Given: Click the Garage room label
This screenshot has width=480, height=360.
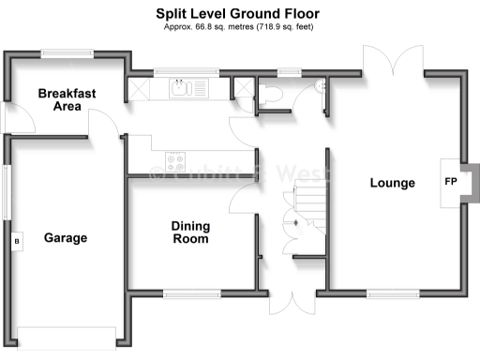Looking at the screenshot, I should pyautogui.click(x=65, y=238).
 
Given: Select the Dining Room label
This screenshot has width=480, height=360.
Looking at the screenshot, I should pyautogui.click(x=190, y=232).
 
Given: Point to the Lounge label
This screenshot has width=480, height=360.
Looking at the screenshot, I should pyautogui.click(x=392, y=183).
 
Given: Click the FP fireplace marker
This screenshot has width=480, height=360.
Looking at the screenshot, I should pyautogui.click(x=450, y=182).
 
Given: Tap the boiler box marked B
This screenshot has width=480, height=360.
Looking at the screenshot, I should pyautogui.click(x=14, y=240).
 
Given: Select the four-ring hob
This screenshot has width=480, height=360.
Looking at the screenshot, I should pyautogui.click(x=175, y=157).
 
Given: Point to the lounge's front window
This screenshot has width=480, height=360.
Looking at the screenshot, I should pyautogui.click(x=392, y=294).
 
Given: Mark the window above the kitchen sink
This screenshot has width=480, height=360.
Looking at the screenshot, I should pyautogui.click(x=185, y=72).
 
